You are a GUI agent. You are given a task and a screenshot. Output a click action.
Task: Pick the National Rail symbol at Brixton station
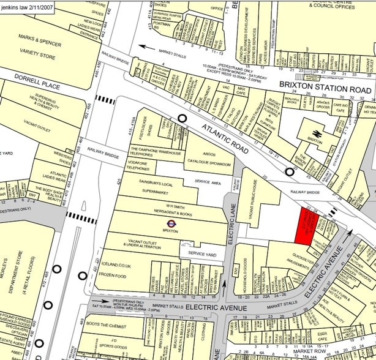click(317, 132)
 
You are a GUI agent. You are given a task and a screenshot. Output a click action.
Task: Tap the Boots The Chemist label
click(107, 326)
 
